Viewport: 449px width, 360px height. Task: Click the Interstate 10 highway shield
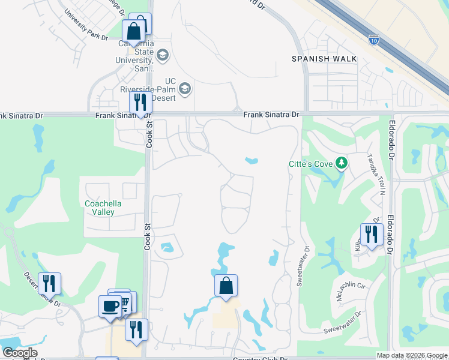[373, 40]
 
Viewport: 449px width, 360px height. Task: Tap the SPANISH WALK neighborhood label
[324, 59]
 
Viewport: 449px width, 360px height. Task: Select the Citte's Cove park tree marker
[341, 163]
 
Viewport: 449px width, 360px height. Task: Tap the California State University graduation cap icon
[163, 56]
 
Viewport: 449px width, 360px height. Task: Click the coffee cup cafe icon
[110, 306]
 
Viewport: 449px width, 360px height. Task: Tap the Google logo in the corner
[20, 353]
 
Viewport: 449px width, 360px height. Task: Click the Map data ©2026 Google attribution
[412, 355]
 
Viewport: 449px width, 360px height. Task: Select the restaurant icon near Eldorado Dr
[372, 235]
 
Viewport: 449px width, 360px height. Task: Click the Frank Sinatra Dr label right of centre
[271, 114]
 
